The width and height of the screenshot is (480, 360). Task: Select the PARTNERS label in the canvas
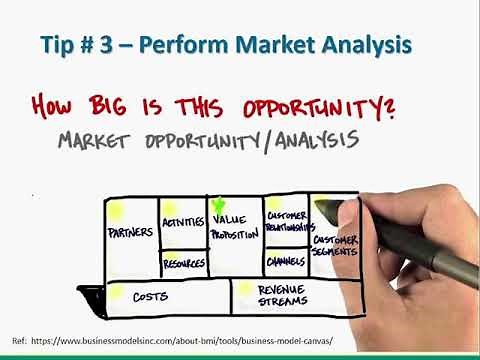[129, 234]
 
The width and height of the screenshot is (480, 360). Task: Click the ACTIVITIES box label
[182, 222]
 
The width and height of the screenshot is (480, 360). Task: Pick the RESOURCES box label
[182, 263]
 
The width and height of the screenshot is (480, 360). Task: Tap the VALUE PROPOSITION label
[234, 227]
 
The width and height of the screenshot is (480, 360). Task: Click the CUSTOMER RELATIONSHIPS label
[286, 220]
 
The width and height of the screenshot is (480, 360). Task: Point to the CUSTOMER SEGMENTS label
[335, 246]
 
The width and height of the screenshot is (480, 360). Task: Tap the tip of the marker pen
[319, 207]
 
